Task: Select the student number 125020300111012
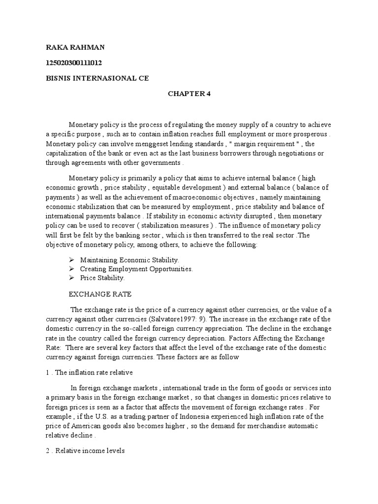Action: (x=74, y=63)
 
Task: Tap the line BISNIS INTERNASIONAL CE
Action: (x=97, y=78)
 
